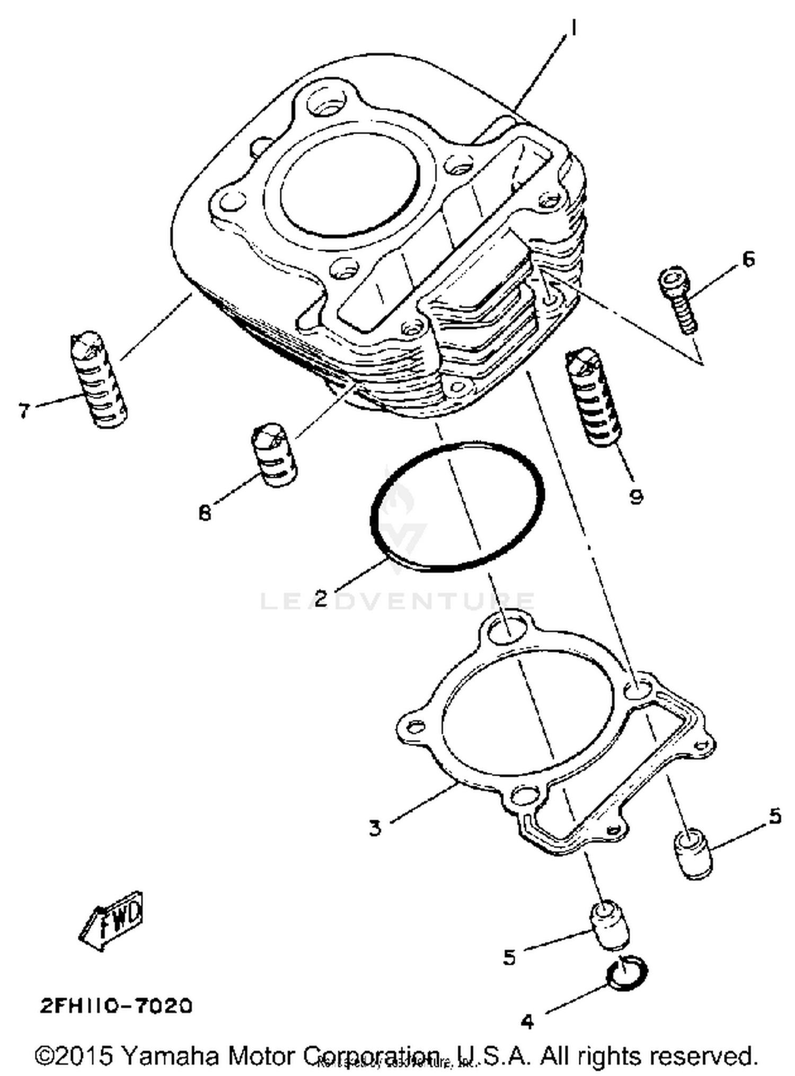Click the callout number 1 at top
[x=573, y=28]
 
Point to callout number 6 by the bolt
[x=747, y=259]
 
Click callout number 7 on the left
[x=23, y=411]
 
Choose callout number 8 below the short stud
[x=205, y=512]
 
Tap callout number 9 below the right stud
[x=635, y=496]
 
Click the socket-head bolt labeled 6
[x=678, y=300]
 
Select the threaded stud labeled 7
[x=99, y=380]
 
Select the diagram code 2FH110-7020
[x=116, y=1006]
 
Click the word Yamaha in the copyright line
[x=170, y=1055]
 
